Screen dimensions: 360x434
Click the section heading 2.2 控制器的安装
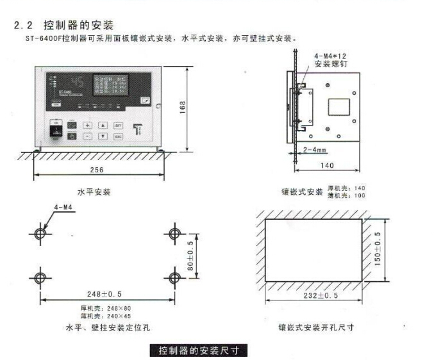click(x=63, y=26)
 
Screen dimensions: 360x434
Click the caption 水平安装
click(x=94, y=192)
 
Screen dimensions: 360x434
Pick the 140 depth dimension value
click(x=328, y=165)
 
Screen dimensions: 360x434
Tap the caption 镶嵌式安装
click(x=302, y=192)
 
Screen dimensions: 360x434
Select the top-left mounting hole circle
click(x=40, y=233)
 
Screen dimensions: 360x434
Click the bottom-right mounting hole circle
click(x=174, y=277)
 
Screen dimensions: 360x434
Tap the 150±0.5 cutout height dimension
click(x=378, y=248)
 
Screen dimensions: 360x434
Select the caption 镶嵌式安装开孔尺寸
click(x=315, y=327)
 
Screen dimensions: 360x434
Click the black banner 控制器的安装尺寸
click(x=198, y=350)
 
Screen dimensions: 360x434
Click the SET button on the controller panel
click(x=118, y=126)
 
